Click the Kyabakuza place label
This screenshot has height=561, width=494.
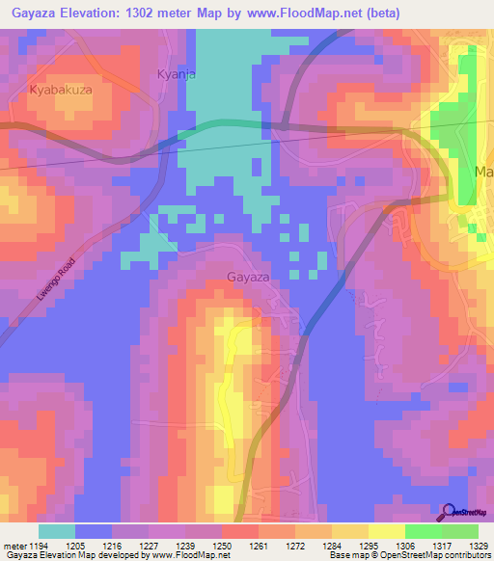pyautogui.click(x=60, y=89)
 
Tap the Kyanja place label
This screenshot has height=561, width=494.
pyautogui.click(x=176, y=74)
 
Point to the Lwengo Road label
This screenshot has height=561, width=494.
pyautogui.click(x=55, y=276)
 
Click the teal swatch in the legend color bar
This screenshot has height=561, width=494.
pyautogui.click(x=57, y=531)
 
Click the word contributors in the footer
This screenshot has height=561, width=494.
pyautogui.click(x=464, y=556)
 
